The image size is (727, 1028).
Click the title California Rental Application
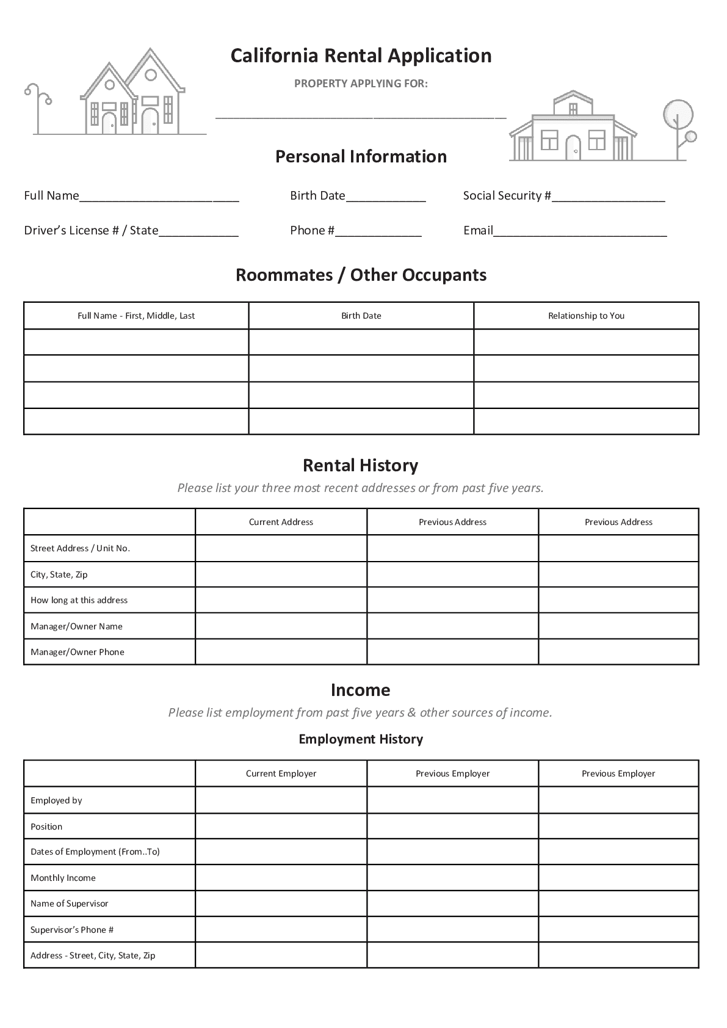(x=361, y=56)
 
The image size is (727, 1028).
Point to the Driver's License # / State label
(x=91, y=230)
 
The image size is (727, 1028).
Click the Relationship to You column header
(x=586, y=316)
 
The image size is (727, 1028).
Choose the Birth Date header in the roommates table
(x=361, y=316)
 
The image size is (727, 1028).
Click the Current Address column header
(x=281, y=522)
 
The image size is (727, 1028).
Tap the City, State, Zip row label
(x=59, y=574)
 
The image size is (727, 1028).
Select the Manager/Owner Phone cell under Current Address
(x=281, y=652)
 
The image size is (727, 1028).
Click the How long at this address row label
(x=79, y=600)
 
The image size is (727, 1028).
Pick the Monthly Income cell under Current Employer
(x=281, y=878)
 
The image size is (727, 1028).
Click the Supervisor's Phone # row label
(x=72, y=930)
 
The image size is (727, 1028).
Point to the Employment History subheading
(x=361, y=739)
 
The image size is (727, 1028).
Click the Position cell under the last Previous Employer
(x=618, y=827)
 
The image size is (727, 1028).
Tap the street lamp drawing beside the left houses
(x=38, y=107)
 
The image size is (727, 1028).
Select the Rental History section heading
(x=361, y=466)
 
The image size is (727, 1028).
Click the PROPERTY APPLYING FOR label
(x=361, y=84)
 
